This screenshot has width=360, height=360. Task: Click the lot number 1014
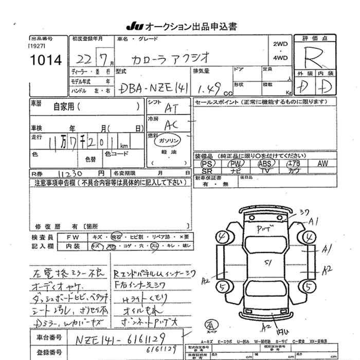pos(46,61)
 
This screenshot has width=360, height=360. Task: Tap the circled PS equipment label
pos(207,164)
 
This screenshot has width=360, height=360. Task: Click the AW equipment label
pos(322,164)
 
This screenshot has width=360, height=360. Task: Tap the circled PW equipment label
pos(236,164)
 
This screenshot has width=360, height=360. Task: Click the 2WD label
pos(280,45)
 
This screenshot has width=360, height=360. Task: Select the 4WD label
pos(280,59)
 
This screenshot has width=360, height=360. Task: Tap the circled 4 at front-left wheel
pos(222,238)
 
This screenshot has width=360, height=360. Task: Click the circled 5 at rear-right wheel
pos(309,285)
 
